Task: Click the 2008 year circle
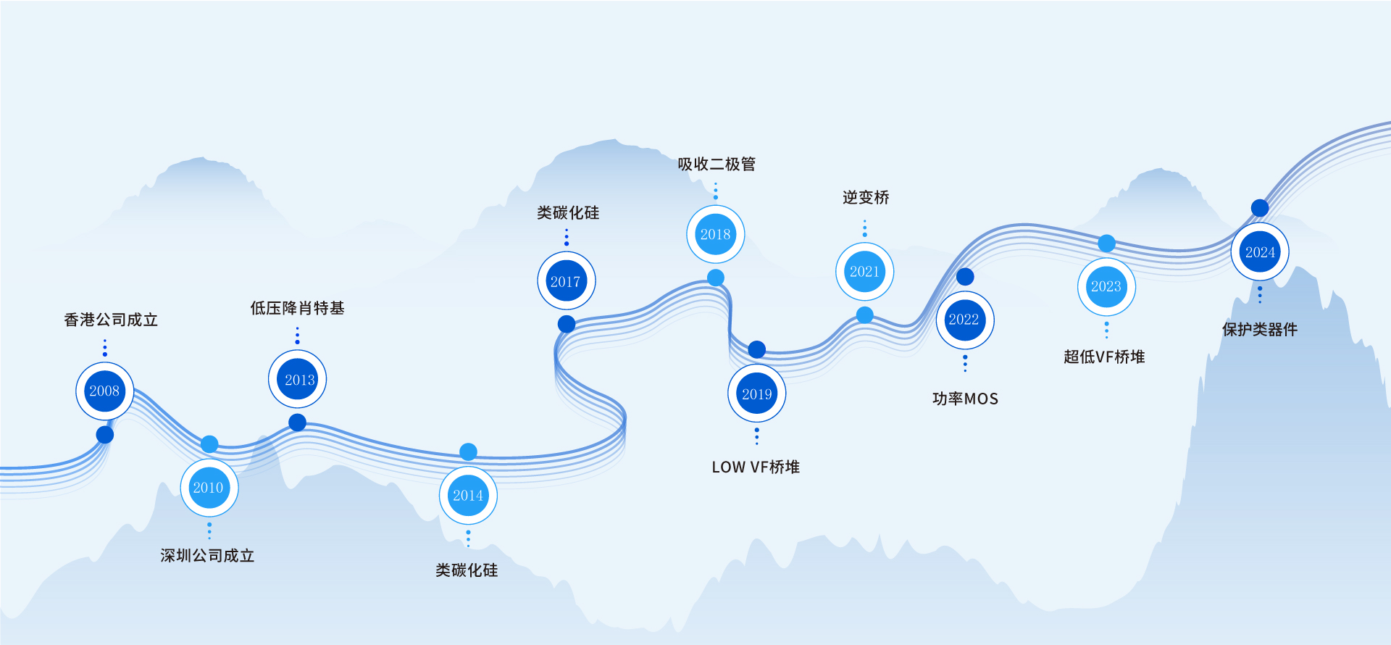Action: coord(104,391)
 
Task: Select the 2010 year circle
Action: coord(209,488)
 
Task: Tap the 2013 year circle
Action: coord(298,379)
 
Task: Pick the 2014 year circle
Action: coord(468,496)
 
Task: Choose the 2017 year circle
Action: coord(566,281)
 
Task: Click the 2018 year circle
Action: coord(715,234)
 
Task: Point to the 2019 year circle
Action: coord(756,394)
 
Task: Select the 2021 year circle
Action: coord(864,272)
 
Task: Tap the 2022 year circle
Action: coord(964,320)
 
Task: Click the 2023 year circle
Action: coord(1106,286)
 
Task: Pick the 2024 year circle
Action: coord(1260,252)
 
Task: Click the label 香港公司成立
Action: coord(111,320)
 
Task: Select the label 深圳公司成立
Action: coord(207,556)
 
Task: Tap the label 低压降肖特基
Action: coord(297,308)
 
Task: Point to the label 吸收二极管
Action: coord(717,165)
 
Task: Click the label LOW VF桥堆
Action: coord(756,467)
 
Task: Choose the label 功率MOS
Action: coord(965,399)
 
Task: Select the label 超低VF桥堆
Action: coord(1104,357)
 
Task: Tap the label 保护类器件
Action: coord(1260,330)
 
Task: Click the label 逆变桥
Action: coord(866,198)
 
